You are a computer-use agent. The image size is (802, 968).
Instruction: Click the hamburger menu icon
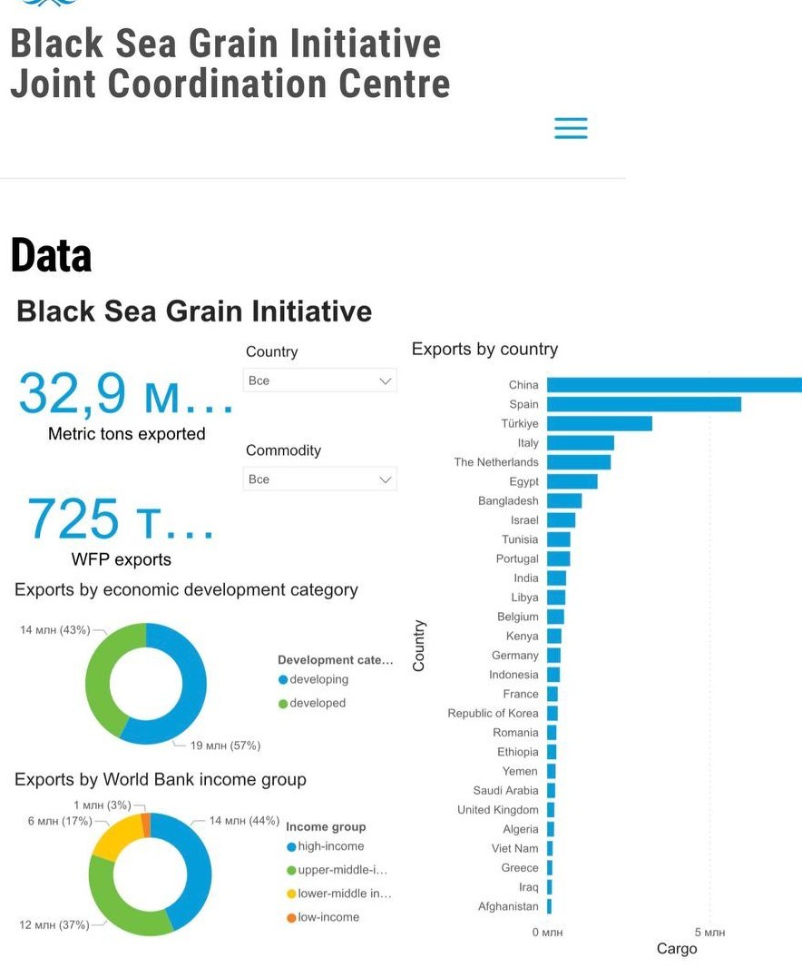click(x=571, y=128)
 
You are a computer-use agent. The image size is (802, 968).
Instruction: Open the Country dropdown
click(x=319, y=380)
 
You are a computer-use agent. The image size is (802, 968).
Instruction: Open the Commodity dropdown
click(x=319, y=479)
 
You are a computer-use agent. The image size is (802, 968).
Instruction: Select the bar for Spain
click(x=644, y=404)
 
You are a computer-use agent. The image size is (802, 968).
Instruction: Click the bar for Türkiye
click(x=600, y=423)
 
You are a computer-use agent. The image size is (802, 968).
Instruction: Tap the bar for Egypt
click(x=572, y=481)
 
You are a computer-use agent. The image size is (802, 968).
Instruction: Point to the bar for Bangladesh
click(x=564, y=500)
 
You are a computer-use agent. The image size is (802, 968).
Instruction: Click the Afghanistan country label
click(x=508, y=906)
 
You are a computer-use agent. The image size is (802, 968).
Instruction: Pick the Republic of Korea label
click(x=493, y=713)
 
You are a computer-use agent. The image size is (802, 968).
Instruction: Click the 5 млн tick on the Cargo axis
click(x=709, y=933)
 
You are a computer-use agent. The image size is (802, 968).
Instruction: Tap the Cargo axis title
click(x=677, y=949)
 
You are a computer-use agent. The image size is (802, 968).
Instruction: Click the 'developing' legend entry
click(x=313, y=679)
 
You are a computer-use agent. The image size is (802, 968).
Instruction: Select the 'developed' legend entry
click(x=312, y=703)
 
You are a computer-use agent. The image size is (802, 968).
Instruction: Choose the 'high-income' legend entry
click(x=325, y=846)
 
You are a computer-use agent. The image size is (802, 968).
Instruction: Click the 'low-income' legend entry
click(x=323, y=917)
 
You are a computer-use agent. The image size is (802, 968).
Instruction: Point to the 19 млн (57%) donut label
click(x=225, y=746)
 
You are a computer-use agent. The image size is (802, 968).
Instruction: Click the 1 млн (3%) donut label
click(x=102, y=805)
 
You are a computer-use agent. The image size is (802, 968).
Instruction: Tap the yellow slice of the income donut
click(x=117, y=835)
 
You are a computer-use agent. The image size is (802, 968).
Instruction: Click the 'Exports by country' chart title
click(x=484, y=350)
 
